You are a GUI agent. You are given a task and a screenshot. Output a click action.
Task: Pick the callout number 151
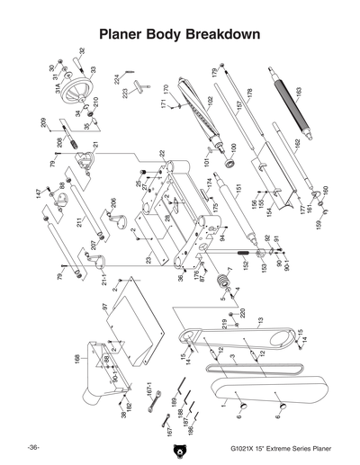[239, 190]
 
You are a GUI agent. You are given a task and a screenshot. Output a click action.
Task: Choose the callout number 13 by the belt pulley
[259, 320]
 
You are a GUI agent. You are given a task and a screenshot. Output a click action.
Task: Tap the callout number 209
[43, 121]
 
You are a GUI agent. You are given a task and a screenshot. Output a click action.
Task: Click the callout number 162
[296, 143]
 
